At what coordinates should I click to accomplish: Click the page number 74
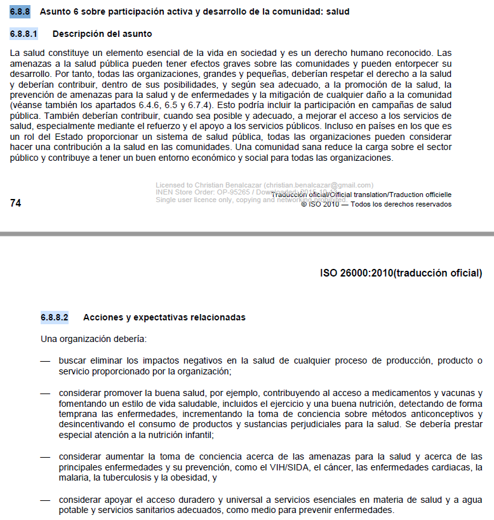(x=16, y=202)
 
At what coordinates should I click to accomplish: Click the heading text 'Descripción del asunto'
(x=102, y=33)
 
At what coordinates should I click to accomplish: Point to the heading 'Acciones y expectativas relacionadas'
(x=164, y=317)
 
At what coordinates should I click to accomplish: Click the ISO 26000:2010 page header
(x=401, y=273)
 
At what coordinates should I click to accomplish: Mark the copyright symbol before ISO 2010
(x=304, y=204)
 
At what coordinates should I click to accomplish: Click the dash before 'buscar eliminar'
(x=45, y=361)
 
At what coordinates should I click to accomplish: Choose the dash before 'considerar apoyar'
(x=45, y=500)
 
